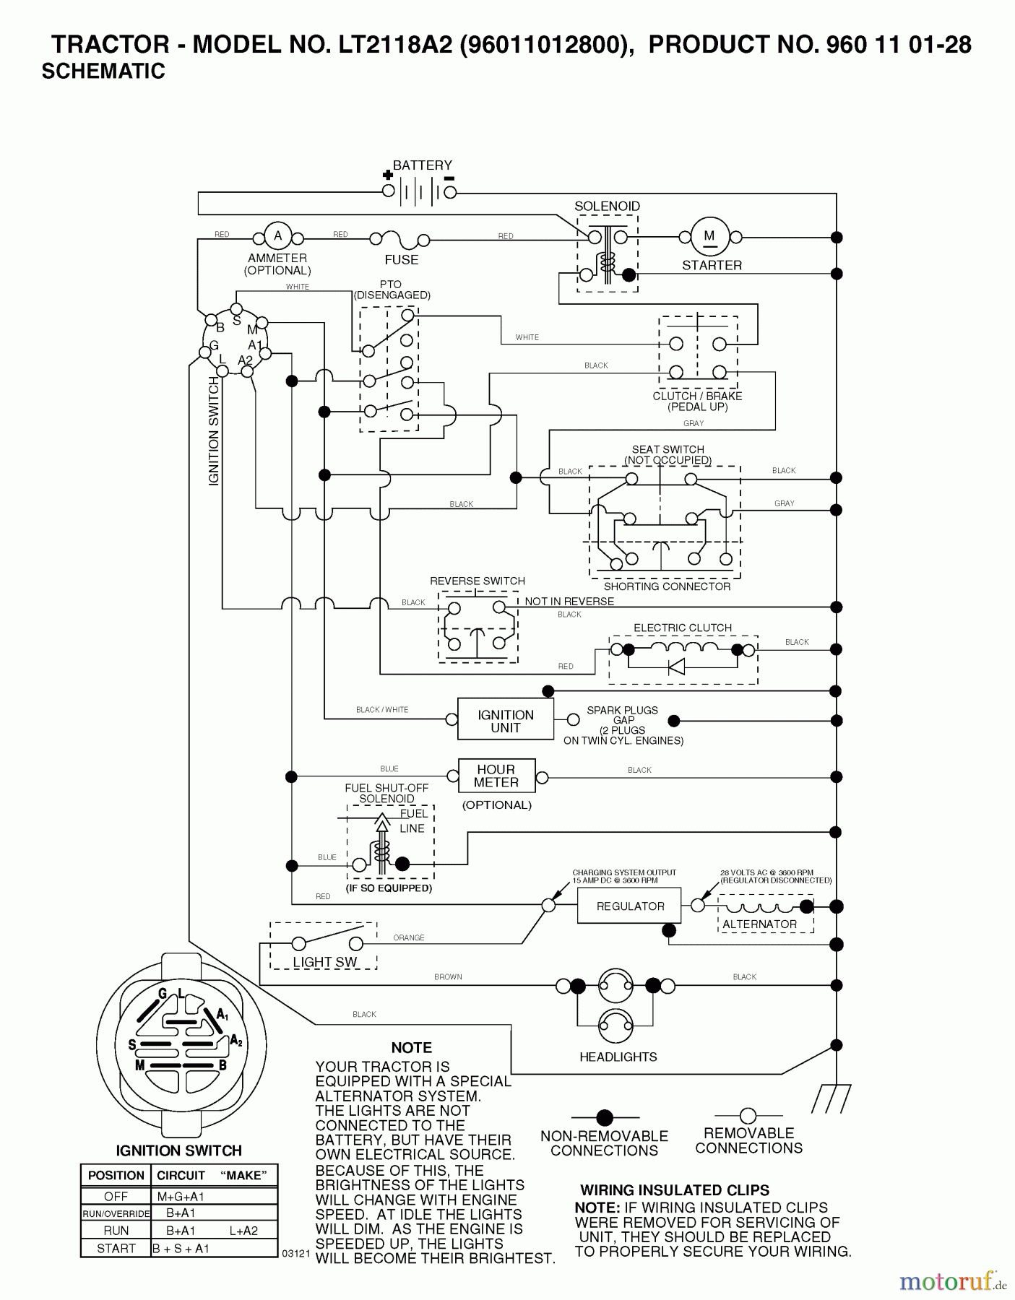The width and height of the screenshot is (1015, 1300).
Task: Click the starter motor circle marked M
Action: (709, 236)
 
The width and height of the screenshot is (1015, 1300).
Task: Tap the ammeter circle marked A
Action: (277, 236)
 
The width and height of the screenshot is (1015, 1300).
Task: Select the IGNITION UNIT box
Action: (505, 720)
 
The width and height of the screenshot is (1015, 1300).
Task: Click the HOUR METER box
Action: (496, 776)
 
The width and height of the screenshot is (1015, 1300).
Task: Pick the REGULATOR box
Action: (630, 906)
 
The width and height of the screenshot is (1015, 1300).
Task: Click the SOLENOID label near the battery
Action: (607, 206)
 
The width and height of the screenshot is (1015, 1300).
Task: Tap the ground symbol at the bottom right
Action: (831, 1098)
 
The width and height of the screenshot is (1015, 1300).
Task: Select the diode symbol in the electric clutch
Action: (676, 666)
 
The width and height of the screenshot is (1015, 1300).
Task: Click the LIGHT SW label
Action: (324, 962)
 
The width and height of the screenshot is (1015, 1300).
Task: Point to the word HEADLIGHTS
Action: (618, 1057)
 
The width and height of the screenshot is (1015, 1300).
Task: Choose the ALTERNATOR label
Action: (759, 924)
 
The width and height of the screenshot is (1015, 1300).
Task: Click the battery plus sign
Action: (388, 175)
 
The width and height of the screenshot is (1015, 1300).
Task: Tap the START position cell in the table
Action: (116, 1248)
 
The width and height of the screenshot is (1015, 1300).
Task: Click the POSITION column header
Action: (116, 1175)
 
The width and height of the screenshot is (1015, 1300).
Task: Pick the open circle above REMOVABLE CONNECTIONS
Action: (748, 1116)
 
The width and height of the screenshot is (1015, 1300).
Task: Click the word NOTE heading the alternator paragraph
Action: (411, 1047)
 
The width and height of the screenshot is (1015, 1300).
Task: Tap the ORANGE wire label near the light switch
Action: (408, 937)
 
